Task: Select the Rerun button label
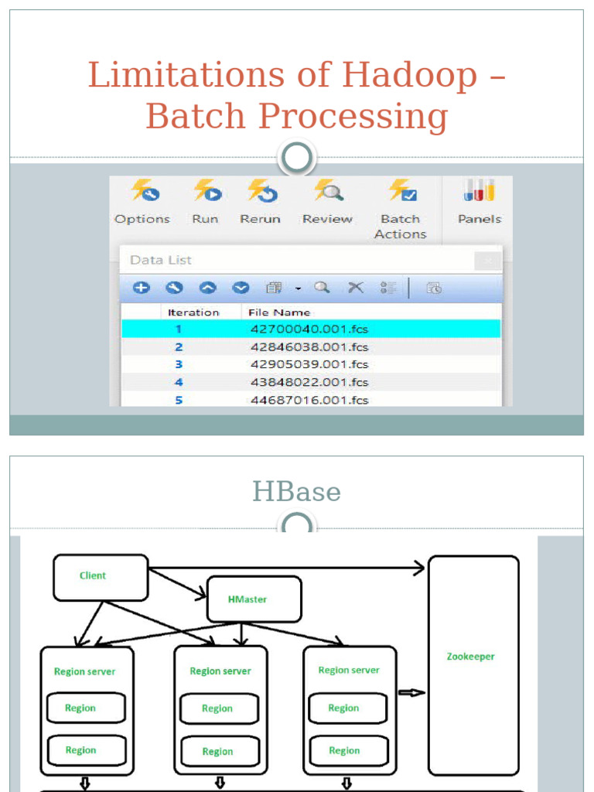tap(260, 220)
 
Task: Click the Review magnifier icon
tap(327, 191)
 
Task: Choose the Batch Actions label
tap(401, 227)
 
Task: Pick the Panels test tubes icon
tap(479, 191)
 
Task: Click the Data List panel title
tap(161, 260)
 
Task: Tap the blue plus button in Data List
tap(141, 288)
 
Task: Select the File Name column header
tap(279, 312)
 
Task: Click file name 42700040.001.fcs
tap(309, 329)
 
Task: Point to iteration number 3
tap(179, 364)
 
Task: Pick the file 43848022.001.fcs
tap(309, 382)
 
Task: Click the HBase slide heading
tap(296, 492)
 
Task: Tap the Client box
tap(101, 577)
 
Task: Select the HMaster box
tap(254, 599)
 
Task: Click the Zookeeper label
tap(470, 657)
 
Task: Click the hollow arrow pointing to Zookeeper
tap(411, 692)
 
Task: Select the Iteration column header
tap(193, 312)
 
